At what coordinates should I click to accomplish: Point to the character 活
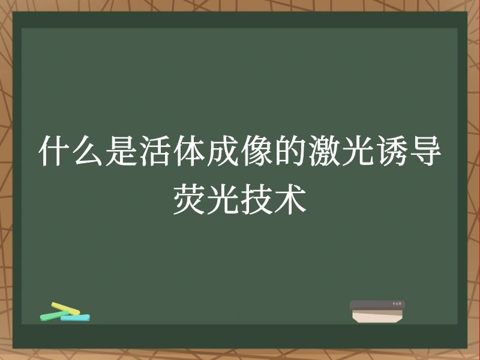tap(155, 152)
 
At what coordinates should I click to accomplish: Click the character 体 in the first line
tap(189, 152)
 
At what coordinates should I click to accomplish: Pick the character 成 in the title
tap(223, 152)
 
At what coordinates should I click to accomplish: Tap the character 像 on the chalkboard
tap(257, 152)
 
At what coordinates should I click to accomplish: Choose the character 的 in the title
tap(290, 152)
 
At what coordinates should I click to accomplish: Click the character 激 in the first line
tap(325, 152)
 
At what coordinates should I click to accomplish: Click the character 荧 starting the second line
tap(189, 200)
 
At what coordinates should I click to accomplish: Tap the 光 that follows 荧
tap(223, 200)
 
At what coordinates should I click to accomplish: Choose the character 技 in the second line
tap(257, 200)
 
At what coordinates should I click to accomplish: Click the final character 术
tap(290, 200)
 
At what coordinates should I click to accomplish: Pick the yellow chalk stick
tap(65, 308)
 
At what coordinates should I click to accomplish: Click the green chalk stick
tap(51, 316)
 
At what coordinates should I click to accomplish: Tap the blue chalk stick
tap(75, 317)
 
